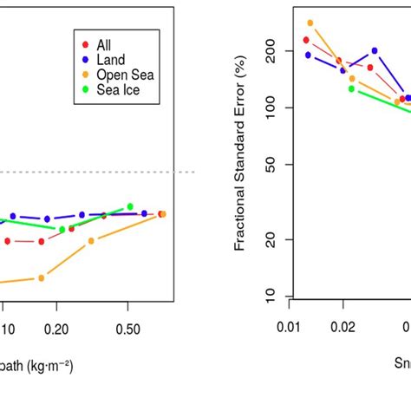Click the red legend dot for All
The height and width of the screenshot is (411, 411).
84,44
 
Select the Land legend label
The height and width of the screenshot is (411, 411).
111,60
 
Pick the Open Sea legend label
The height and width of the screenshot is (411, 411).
125,75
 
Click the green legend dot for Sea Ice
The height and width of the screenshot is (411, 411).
84,89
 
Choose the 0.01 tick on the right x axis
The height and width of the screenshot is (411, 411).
290,329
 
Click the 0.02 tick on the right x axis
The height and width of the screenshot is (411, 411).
343,329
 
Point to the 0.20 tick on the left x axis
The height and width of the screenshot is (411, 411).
57,329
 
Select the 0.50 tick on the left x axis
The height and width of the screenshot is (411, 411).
127,329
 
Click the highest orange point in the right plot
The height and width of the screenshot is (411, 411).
310,23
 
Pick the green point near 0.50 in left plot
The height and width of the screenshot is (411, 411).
130,206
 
